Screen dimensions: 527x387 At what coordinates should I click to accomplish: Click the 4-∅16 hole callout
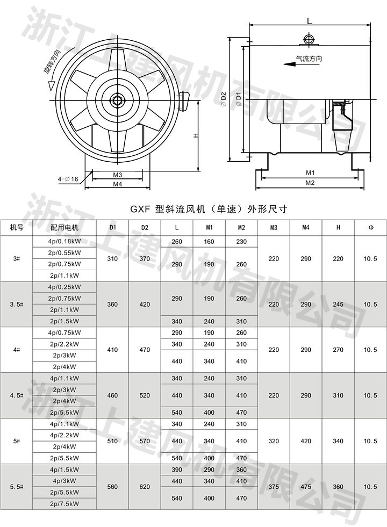click(x=68, y=179)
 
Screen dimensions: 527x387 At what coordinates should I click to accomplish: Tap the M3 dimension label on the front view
click(x=118, y=175)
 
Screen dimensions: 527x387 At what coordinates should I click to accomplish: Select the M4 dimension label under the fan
click(x=118, y=184)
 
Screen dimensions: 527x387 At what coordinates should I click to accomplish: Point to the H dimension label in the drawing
click(x=197, y=136)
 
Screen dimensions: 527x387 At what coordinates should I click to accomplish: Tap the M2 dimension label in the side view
click(x=310, y=183)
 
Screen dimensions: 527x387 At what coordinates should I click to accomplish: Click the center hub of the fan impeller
click(x=117, y=99)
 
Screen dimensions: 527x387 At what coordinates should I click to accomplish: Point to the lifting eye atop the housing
click(x=308, y=39)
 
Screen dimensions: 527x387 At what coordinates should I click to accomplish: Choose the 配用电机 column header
click(x=64, y=227)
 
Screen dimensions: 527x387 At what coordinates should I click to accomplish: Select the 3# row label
click(x=16, y=258)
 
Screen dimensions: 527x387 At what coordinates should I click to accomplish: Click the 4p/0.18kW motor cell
click(x=64, y=242)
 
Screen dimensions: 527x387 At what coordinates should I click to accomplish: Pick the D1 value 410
click(x=112, y=350)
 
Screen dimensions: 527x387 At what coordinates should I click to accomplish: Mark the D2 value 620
click(x=145, y=487)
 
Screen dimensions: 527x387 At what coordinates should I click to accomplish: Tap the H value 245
click(x=338, y=304)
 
